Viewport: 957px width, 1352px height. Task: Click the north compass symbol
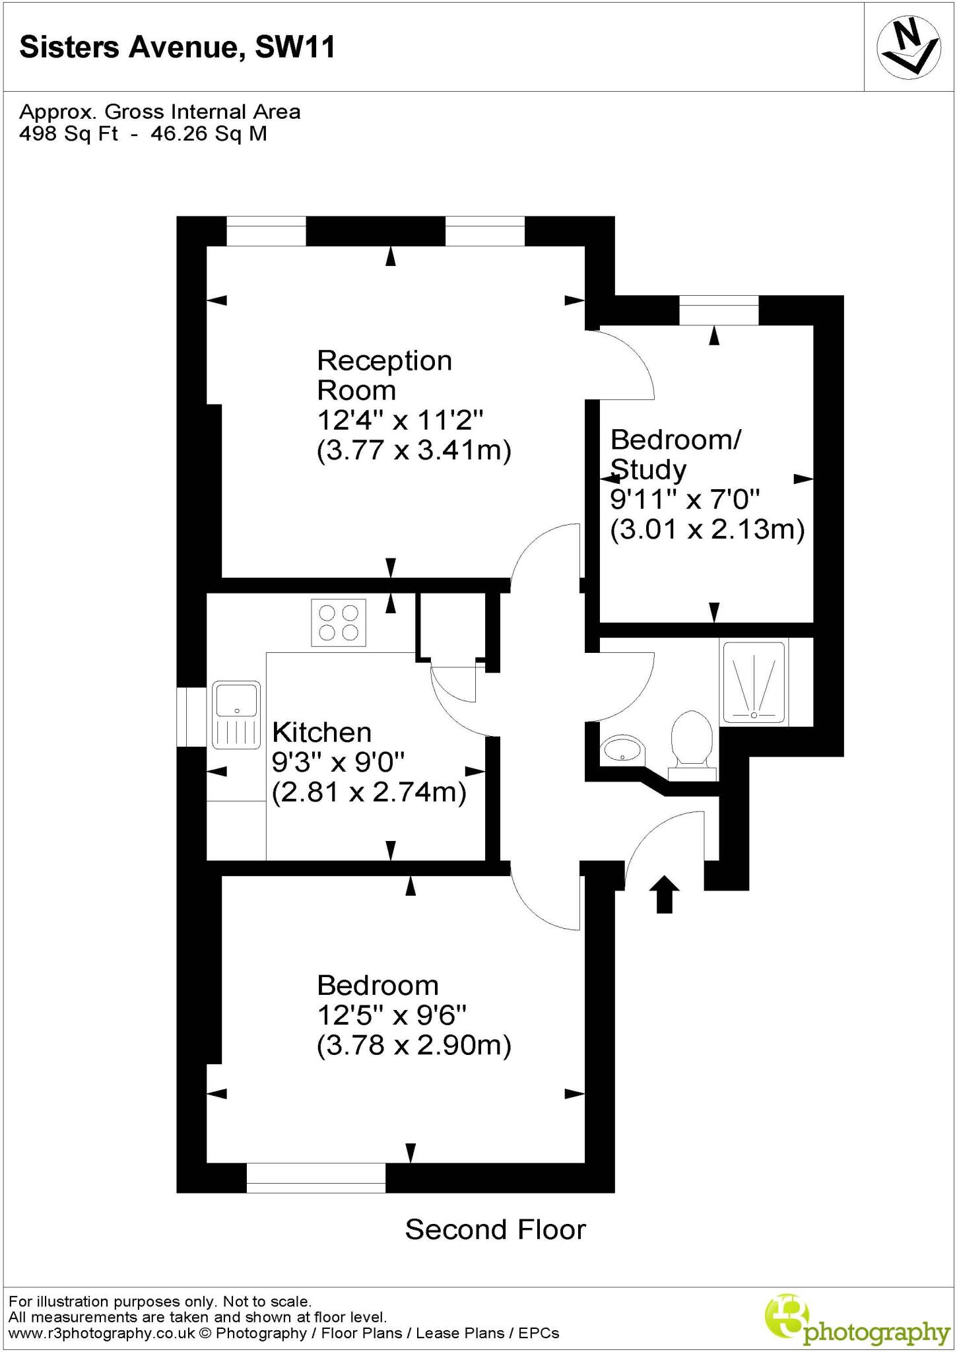908,48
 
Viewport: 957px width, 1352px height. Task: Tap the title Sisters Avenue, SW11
178,48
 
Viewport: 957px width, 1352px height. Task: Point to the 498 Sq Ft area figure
69,133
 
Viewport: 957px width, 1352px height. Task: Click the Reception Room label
384,375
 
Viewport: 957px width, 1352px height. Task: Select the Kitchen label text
322,733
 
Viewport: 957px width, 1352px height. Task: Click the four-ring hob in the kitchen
338,623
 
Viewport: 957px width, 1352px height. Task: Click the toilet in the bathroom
691,743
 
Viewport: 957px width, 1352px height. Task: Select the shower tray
754,682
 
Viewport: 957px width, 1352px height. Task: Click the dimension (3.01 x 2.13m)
707,529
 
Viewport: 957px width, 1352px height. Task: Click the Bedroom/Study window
719,311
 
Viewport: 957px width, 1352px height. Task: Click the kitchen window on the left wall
191,717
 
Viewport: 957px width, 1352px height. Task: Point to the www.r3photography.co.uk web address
102,1334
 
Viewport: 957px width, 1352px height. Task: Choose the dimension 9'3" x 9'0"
338,762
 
